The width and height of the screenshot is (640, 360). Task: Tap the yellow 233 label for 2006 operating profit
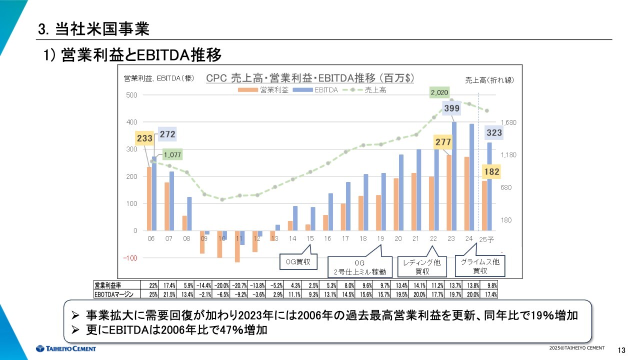tap(144, 138)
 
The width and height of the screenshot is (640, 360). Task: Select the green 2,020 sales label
tap(439, 92)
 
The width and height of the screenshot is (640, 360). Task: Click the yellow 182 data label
tap(491, 172)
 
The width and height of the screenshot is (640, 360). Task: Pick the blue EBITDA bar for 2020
tap(401, 192)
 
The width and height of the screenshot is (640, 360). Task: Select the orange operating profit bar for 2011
tap(237, 246)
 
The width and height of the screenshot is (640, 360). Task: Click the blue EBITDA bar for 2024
tap(471, 177)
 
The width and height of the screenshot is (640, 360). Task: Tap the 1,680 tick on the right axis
tap(508, 122)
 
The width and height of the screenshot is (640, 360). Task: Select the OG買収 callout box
tap(298, 261)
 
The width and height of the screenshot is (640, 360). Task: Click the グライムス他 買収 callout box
tap(479, 266)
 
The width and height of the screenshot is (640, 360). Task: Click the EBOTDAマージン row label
tap(113, 294)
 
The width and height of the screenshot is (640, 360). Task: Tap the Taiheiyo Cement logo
tap(65, 348)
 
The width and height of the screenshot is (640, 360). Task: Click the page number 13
tap(622, 349)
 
